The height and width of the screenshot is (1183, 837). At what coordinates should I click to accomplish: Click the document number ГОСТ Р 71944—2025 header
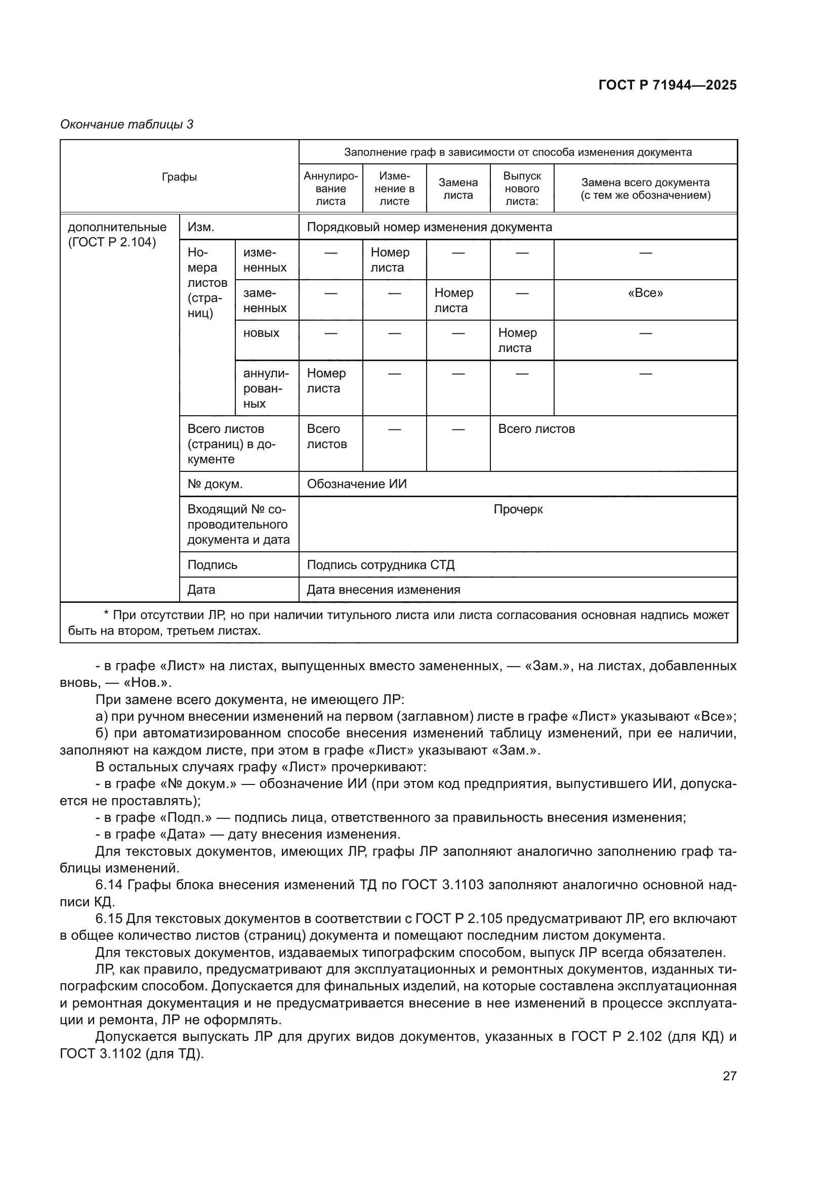pyautogui.click(x=667, y=85)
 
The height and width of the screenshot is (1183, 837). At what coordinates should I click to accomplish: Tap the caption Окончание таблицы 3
pyautogui.click(x=127, y=124)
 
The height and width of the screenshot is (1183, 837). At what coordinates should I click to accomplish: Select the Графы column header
pyautogui.click(x=179, y=177)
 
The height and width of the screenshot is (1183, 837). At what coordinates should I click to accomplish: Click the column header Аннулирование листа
pyautogui.click(x=330, y=189)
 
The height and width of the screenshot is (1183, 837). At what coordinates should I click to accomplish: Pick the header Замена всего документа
pyautogui.click(x=645, y=189)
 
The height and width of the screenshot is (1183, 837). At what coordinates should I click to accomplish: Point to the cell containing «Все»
pyautogui.click(x=645, y=293)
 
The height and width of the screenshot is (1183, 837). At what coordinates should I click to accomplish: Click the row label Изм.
pyautogui.click(x=201, y=227)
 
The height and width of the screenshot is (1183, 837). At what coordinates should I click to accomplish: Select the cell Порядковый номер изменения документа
pyautogui.click(x=429, y=227)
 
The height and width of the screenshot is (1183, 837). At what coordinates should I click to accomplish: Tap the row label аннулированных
pyautogui.click(x=266, y=388)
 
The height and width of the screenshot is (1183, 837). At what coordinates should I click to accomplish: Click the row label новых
pyautogui.click(x=261, y=333)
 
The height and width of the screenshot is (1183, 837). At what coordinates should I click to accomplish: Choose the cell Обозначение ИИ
pyautogui.click(x=357, y=484)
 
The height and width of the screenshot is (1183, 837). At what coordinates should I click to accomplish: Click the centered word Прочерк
pyautogui.click(x=518, y=509)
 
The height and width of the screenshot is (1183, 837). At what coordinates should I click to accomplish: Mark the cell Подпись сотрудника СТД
pyautogui.click(x=381, y=565)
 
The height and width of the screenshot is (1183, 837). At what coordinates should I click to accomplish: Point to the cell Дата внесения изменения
pyautogui.click(x=384, y=589)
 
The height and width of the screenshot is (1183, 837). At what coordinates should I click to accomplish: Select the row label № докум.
pyautogui.click(x=215, y=484)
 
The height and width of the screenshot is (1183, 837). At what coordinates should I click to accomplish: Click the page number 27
pyautogui.click(x=729, y=1076)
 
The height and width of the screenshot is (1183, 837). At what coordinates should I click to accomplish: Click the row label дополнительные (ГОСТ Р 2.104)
pyautogui.click(x=117, y=235)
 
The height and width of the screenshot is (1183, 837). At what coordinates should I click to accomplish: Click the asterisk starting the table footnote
pyautogui.click(x=106, y=615)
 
